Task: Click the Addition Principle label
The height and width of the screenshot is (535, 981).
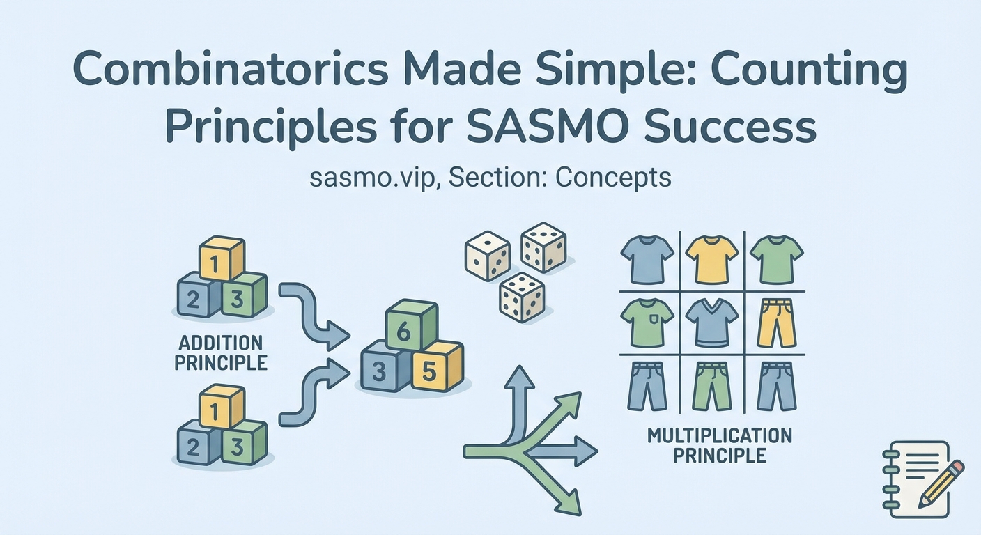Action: click(221, 352)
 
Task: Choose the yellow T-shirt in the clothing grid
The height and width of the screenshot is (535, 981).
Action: click(711, 258)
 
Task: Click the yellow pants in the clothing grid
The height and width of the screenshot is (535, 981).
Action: click(776, 323)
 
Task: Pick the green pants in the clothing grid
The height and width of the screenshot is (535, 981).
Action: click(711, 385)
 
